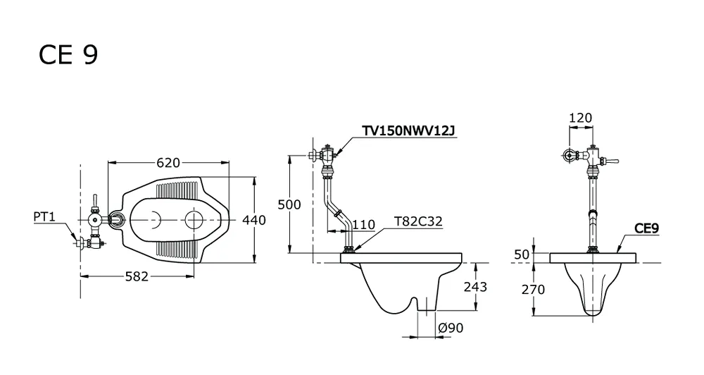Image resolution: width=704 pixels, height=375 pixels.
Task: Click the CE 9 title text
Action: tap(68, 55)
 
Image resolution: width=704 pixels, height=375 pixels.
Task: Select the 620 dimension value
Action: tap(168, 163)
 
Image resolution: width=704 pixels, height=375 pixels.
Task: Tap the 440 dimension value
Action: tap(254, 220)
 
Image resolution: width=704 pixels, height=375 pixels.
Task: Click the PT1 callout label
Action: tap(44, 217)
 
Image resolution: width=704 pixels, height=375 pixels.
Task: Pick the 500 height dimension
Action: tap(289, 204)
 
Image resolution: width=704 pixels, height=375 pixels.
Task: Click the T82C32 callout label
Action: tap(419, 223)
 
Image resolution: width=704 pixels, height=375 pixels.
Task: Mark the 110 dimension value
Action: tap(363, 225)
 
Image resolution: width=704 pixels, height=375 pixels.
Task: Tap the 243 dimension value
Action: tap(475, 287)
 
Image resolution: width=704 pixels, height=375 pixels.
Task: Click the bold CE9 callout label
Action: tap(647, 228)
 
